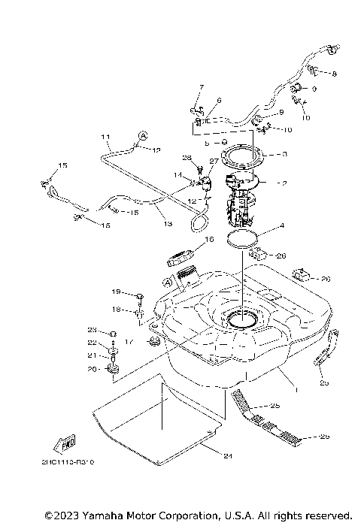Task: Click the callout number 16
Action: click(x=210, y=240)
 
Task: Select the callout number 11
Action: click(x=106, y=138)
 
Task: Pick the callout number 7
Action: click(x=202, y=88)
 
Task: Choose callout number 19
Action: click(x=117, y=292)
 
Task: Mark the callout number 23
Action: click(x=92, y=330)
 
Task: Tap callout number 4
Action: click(x=281, y=225)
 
